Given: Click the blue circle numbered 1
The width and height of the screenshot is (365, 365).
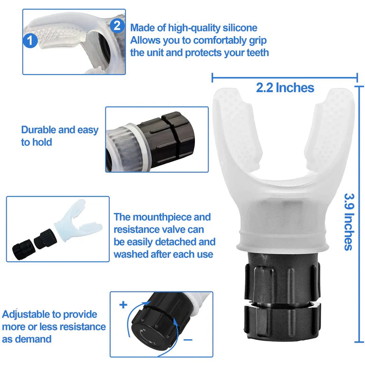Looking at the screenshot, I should pyautogui.click(x=30, y=40).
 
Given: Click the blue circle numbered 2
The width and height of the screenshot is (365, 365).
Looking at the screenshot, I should pyautogui.click(x=117, y=25).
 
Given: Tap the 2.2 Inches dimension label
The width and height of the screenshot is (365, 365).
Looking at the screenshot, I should pyautogui.click(x=285, y=87).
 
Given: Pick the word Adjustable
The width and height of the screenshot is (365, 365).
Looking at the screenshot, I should pyautogui.click(x=27, y=314).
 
